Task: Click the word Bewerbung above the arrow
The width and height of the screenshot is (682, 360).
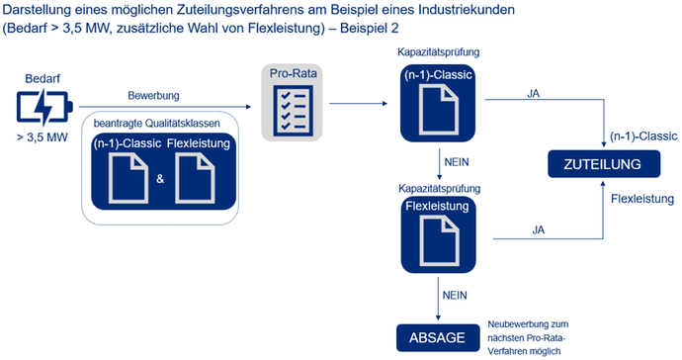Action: click(x=152, y=96)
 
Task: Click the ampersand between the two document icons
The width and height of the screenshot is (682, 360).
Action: click(x=160, y=179)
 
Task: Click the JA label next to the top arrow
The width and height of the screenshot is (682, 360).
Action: click(x=535, y=94)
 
